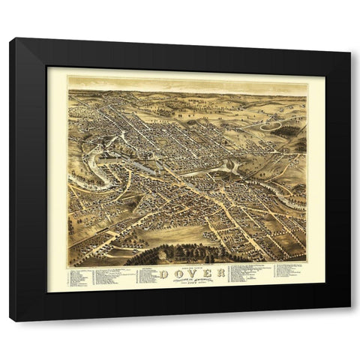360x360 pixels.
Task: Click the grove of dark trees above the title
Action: click(x=180, y=253)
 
